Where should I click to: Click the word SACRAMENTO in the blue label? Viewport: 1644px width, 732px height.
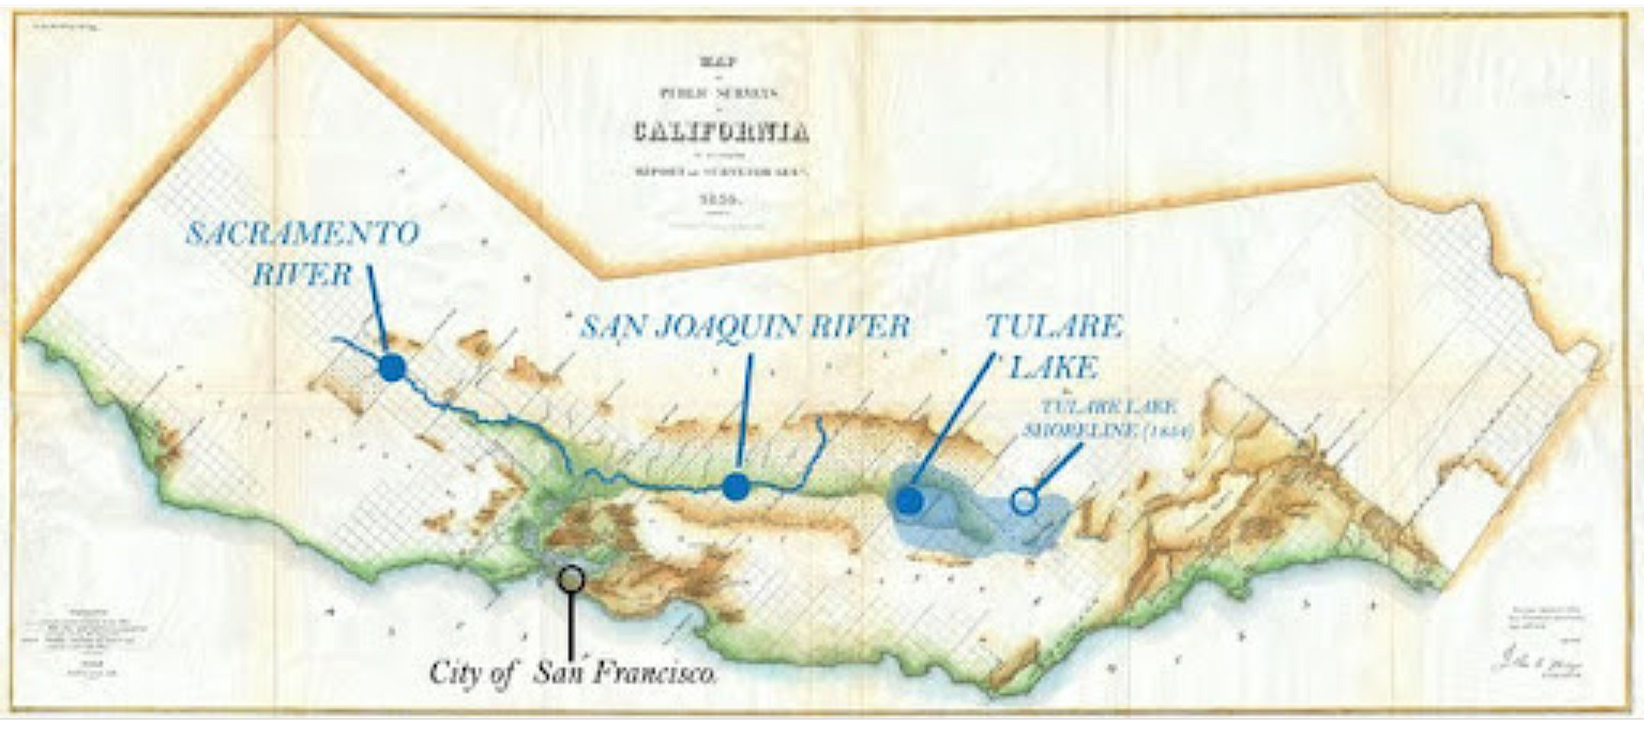coord(302,234)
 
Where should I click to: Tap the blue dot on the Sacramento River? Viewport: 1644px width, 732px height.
coord(393,368)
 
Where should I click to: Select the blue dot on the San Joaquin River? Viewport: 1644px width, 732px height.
coord(735,487)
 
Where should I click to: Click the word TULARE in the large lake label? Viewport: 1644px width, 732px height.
coord(1054,327)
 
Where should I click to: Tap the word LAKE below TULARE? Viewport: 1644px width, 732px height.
coord(1053,368)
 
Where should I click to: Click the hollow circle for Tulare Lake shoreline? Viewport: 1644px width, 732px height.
coord(1024,501)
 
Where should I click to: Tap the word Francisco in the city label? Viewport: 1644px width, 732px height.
coord(658,673)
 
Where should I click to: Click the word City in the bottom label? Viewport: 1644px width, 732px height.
coord(453,673)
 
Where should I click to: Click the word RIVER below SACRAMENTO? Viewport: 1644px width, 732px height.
coord(302,275)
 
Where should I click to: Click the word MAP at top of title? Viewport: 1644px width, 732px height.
coord(720,62)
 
